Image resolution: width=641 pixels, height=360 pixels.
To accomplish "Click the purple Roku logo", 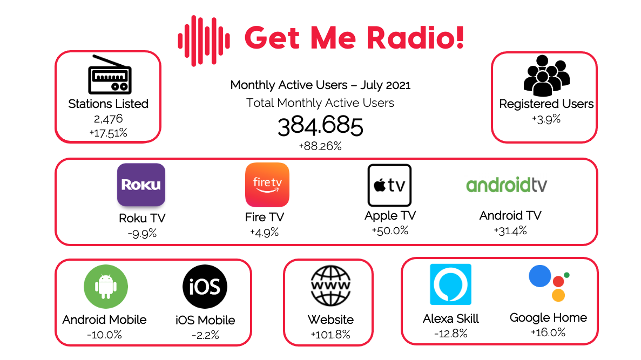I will pos(141,185).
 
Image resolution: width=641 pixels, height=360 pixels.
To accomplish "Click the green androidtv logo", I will pos(507,185).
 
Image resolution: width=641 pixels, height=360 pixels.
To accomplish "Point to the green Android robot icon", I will pos(105,287).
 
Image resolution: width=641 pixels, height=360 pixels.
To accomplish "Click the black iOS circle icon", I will pos(205,287).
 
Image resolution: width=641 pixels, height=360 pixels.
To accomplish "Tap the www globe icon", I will pos(330,286).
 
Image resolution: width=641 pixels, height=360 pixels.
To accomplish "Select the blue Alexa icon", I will pos(450,284).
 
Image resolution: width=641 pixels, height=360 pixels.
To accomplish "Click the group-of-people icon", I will pos(546,75).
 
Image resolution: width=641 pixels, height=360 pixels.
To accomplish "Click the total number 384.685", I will pos(320,127).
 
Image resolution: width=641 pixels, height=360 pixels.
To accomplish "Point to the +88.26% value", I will pos(320,146).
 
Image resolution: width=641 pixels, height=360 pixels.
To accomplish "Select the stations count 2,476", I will pos(108,119).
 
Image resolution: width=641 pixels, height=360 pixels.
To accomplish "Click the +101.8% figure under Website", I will pos(330,335).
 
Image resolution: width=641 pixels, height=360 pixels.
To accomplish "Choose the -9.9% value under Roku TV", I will pos(141,234).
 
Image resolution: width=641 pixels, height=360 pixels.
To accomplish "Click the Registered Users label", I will pos(546,104).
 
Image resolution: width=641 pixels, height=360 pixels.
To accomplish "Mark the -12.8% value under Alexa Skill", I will pos(450,333).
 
